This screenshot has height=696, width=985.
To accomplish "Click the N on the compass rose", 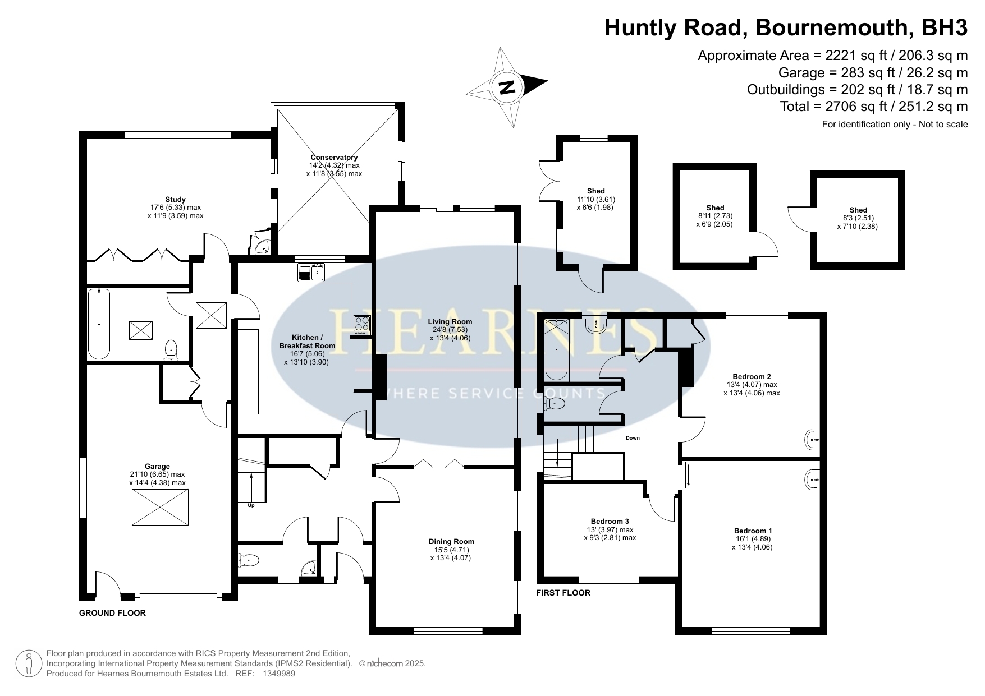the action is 507,87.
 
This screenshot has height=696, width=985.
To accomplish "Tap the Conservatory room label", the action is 334,158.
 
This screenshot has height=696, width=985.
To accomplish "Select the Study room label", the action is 175,199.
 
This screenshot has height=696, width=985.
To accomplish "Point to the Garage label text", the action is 157,466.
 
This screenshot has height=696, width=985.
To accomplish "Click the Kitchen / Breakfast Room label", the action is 307,342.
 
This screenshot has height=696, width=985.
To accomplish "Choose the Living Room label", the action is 450,322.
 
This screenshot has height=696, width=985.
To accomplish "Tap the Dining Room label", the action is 451,541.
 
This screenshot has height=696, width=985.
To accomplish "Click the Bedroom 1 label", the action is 753,531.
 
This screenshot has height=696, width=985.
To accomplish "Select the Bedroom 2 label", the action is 752,376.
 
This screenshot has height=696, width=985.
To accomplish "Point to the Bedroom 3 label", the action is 610,521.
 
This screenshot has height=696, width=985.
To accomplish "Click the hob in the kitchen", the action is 361,325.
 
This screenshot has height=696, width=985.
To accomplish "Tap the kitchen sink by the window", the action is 311,273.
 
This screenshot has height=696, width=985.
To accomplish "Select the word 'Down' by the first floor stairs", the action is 633,438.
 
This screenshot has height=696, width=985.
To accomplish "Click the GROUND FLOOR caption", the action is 112,613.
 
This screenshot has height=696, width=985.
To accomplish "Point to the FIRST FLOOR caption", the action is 563,593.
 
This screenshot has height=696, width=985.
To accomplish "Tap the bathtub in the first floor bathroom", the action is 557,349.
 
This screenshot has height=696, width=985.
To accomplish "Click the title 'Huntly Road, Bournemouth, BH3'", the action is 786,27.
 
